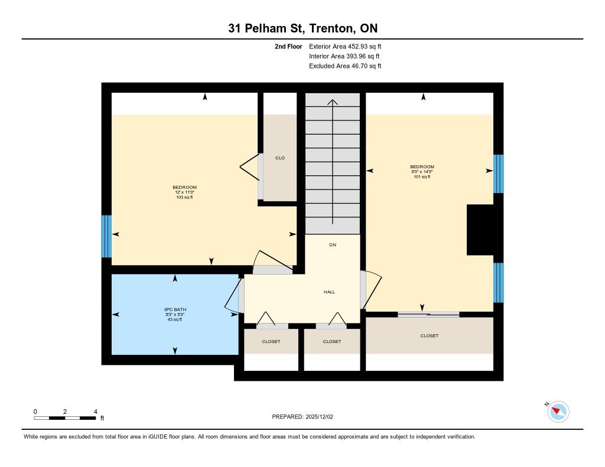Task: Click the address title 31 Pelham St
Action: [x=266, y=28]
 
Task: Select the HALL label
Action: [x=329, y=292]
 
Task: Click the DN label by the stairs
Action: [x=333, y=245]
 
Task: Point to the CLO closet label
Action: [x=279, y=158]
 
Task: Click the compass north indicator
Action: [x=558, y=412]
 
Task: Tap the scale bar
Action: [x=65, y=418]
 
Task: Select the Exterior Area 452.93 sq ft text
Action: [x=345, y=47]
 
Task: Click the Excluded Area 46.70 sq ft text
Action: [x=345, y=66]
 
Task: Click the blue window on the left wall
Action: [x=106, y=236]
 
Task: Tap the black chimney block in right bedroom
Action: [x=480, y=230]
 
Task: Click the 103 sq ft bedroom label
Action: [x=184, y=197]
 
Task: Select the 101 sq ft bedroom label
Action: [x=422, y=177]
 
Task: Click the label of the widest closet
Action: [x=430, y=335]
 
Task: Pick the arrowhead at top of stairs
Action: [x=333, y=102]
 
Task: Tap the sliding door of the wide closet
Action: [x=428, y=314]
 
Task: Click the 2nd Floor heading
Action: [x=288, y=47]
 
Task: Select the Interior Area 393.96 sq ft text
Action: [x=344, y=56]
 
